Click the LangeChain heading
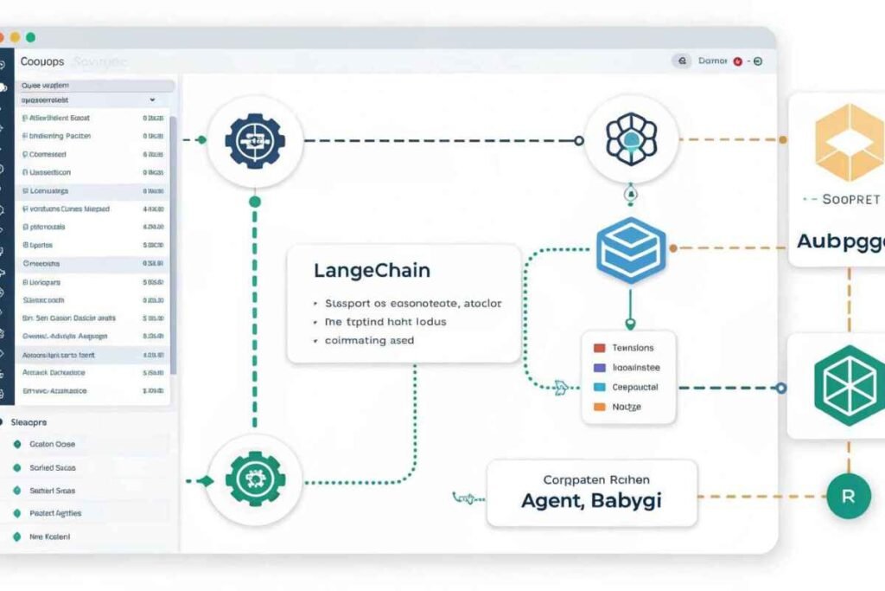[372, 271]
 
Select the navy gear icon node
[254, 139]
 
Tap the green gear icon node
[254, 479]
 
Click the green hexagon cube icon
[849, 385]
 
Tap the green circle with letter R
[848, 496]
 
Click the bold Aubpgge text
[839, 240]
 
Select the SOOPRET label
[851, 199]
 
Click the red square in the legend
[599, 348]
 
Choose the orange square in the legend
[599, 406]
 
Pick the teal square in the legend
[599, 387]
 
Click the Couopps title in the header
[43, 62]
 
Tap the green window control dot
[30, 37]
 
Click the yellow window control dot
[15, 37]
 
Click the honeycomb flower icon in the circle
[630, 139]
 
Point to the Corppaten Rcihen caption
[596, 479]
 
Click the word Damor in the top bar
[712, 61]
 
